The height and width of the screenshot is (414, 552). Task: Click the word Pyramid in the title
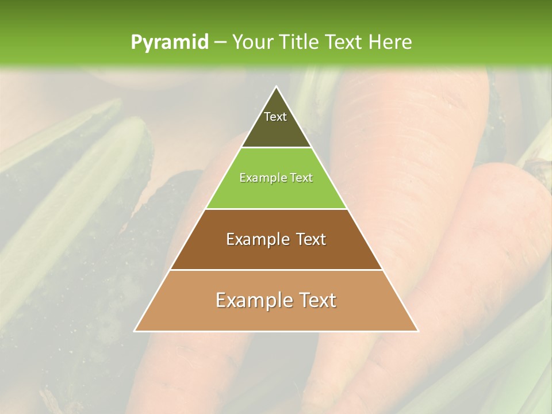click(x=169, y=43)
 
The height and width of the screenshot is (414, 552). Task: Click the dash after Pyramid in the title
click(x=220, y=43)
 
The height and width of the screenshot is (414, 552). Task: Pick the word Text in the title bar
click(x=346, y=42)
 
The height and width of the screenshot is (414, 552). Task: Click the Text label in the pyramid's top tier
click(x=275, y=117)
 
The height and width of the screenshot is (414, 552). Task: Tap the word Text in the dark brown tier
click(x=311, y=239)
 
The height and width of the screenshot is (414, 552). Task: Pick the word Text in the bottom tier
click(x=318, y=300)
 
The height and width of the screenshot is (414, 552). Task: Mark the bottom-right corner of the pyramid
click(x=417, y=331)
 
